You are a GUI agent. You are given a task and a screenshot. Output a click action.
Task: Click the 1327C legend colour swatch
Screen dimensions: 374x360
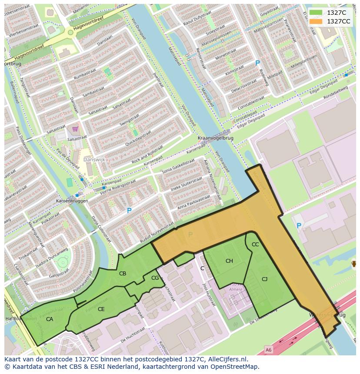(x=316, y=13)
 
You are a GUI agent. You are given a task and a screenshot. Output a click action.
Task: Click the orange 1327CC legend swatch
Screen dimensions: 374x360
(x=316, y=21)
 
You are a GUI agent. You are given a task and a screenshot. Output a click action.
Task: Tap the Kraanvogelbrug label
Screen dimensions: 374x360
(x=215, y=138)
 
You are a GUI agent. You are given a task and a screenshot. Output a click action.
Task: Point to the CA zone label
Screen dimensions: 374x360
(x=50, y=319)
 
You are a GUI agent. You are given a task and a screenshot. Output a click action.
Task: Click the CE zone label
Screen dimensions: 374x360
(x=101, y=309)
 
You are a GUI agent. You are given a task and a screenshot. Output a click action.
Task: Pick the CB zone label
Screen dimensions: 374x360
(x=123, y=274)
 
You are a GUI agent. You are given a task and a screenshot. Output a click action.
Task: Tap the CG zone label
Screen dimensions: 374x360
(x=155, y=278)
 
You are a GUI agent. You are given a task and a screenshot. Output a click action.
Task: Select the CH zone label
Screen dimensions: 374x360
(x=229, y=261)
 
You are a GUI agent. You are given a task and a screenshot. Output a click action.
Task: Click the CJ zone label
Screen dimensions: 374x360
(x=264, y=279)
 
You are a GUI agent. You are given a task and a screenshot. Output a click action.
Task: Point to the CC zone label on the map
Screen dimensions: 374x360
(x=255, y=245)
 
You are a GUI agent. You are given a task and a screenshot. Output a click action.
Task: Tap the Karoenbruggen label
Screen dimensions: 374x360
(x=72, y=201)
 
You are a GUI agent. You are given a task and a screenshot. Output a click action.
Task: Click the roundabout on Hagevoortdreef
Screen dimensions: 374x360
(x=70, y=32)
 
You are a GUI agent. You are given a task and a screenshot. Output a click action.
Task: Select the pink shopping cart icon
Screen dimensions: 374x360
(x=75, y=129)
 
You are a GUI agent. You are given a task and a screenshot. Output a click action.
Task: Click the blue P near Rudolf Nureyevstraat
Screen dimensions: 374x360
(x=129, y=211)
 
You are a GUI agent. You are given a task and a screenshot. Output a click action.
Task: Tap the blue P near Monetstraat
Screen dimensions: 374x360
(x=257, y=63)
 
